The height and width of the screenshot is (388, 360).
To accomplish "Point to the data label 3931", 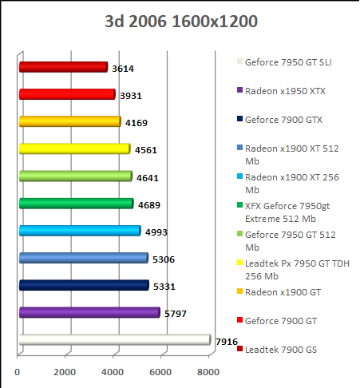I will point(130,96).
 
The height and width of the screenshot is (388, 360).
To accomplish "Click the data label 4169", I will point(136,123).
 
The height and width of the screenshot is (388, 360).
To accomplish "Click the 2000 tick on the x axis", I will point(65,371).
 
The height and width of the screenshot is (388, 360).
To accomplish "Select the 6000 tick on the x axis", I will point(161,371).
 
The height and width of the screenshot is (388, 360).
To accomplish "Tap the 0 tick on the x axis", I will point(18,371).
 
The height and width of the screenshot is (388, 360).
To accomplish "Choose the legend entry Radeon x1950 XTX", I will point(284,90).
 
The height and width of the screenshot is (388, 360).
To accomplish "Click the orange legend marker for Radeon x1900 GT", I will point(239,292).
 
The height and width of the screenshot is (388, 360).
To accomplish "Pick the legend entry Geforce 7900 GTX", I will point(283,119).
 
